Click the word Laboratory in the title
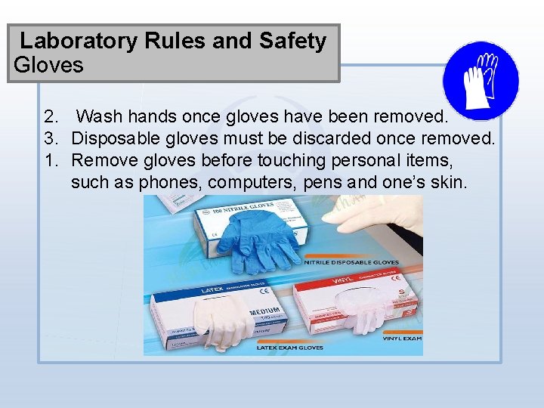tap(76, 41)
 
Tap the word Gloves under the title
tap(48, 65)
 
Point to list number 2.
tap(51, 117)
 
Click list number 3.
tap(51, 139)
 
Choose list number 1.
tap(51, 160)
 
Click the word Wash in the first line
tap(100, 117)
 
